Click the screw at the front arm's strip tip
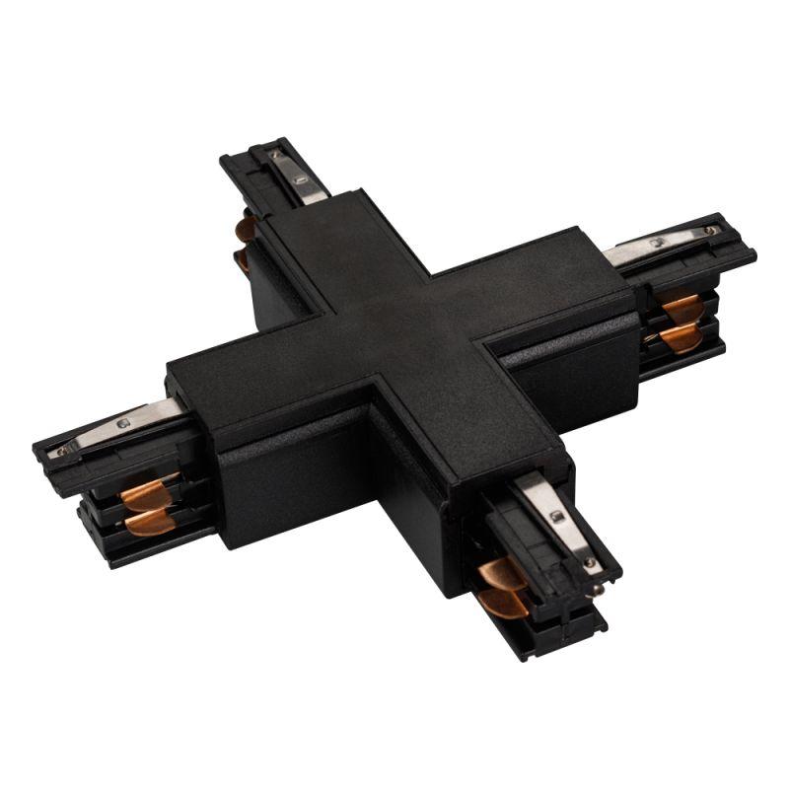[589, 563]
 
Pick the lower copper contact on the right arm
[680, 338]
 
